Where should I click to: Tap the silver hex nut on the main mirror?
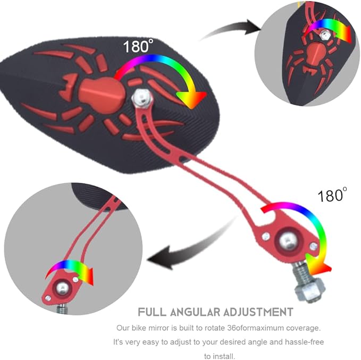tap(142, 98)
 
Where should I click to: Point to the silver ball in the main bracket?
tap(287, 241)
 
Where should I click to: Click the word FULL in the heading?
tap(152, 312)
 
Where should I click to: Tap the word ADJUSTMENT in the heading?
tap(258, 312)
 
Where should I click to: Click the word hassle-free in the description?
tap(304, 342)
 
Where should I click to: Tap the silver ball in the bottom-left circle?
tap(62, 288)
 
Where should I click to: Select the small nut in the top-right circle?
tap(324, 35)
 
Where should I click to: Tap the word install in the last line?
tap(224, 356)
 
